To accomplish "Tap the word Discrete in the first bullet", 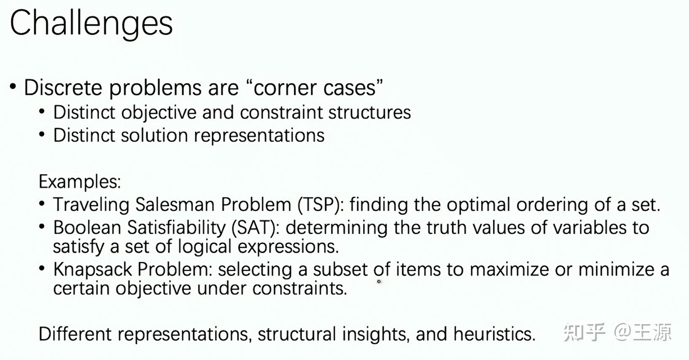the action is (x=63, y=88).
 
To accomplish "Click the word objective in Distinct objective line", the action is (x=159, y=113).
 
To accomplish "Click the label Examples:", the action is (x=80, y=182).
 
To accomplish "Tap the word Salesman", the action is (x=175, y=205).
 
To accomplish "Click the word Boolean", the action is (x=87, y=228).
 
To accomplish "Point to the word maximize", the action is (x=509, y=270).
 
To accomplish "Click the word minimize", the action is (x=616, y=270).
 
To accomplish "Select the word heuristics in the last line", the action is (x=494, y=334).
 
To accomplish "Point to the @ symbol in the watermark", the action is (x=623, y=333).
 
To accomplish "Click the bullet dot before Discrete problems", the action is (x=13, y=86).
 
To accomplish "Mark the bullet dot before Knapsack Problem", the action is (x=42, y=269).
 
